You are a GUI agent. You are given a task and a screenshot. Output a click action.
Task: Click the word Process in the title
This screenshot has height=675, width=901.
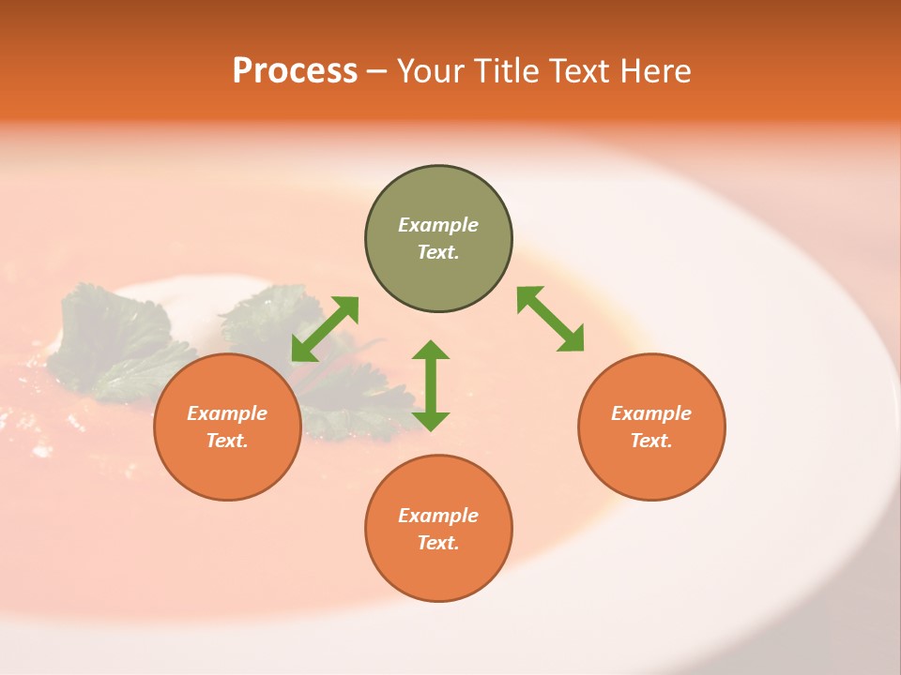pos(295,71)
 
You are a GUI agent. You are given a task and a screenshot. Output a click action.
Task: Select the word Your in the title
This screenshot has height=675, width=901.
pos(429,71)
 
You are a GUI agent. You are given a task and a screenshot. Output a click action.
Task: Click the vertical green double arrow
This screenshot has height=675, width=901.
pos(431,385)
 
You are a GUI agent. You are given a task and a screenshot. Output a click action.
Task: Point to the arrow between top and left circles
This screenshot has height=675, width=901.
pos(325,329)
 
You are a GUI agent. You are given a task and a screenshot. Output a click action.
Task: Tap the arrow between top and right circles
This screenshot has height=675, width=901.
pos(550,319)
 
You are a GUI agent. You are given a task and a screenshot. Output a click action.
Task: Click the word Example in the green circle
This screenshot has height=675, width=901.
pos(438,225)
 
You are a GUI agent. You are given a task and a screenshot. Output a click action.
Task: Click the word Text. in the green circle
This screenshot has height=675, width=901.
pos(438,252)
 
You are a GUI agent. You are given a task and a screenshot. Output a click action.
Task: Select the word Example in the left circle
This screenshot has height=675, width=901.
pos(227,413)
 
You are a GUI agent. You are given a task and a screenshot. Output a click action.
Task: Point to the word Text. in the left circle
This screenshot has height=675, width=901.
pos(227,441)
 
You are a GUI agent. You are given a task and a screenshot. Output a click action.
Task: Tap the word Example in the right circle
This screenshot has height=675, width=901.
pos(651,413)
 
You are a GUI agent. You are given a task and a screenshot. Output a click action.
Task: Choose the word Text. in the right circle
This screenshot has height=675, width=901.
pos(651,441)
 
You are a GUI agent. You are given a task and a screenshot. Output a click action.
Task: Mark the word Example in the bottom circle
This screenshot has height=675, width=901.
pos(438,516)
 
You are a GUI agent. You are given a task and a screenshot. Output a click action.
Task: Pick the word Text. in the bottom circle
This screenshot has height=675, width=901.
pos(438,543)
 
